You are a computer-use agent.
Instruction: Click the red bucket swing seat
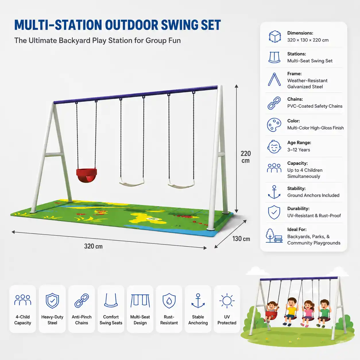(86, 175)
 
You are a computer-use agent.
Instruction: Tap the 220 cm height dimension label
(246, 157)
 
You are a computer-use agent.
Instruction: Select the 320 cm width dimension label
(93, 246)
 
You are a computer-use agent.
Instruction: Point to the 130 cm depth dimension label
(241, 239)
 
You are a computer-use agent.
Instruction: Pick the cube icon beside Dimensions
(275, 36)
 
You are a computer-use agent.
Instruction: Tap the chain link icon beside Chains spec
(274, 103)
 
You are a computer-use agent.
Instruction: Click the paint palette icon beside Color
(274, 125)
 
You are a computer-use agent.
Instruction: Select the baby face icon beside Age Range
(274, 147)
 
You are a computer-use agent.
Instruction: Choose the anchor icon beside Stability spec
(274, 192)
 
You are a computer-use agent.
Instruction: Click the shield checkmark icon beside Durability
(274, 212)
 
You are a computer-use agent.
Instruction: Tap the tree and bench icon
(274, 236)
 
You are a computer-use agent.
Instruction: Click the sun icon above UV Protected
(227, 301)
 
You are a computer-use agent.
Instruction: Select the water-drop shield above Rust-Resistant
(169, 301)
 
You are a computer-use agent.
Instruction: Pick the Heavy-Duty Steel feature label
(52, 320)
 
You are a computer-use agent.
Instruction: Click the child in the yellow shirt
(291, 311)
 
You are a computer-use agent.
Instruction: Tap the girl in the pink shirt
(307, 313)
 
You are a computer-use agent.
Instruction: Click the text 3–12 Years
(299, 150)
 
